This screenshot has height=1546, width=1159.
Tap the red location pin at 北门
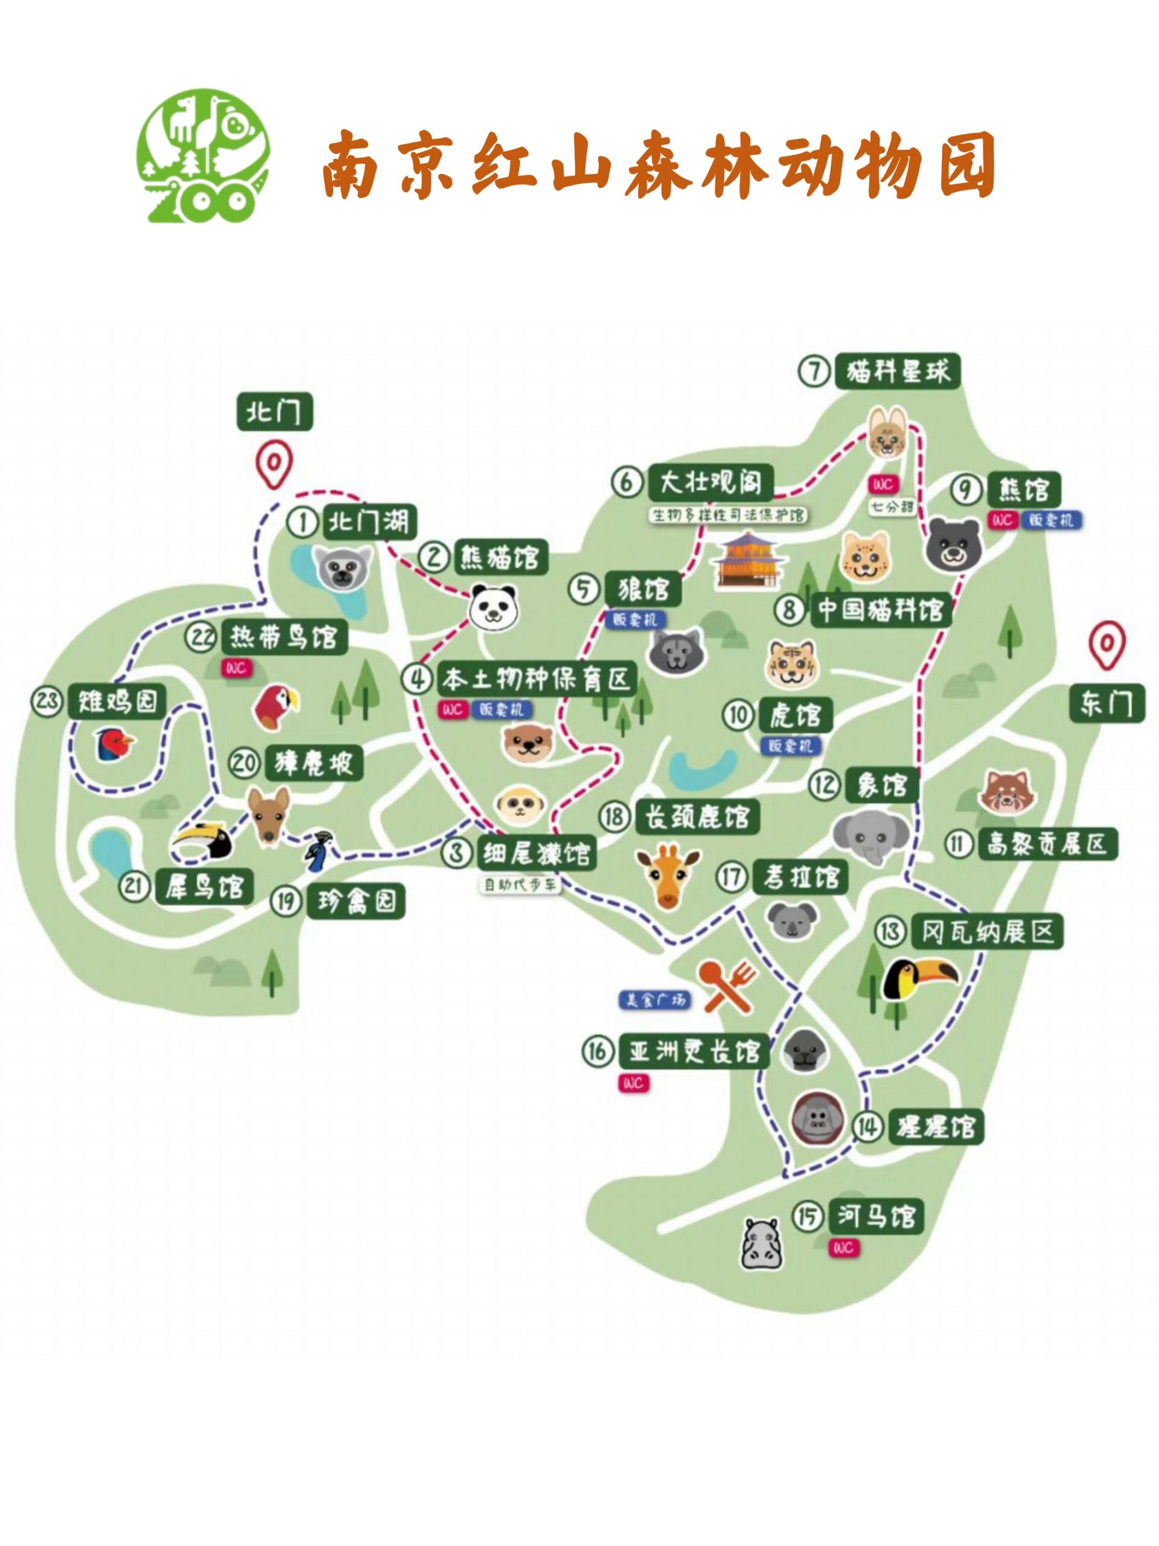coord(273,463)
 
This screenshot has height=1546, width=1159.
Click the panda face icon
coord(493,607)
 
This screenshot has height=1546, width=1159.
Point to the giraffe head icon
coord(668,876)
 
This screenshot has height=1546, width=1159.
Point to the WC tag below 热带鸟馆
coord(235,668)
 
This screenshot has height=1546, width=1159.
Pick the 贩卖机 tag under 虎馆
coord(790,746)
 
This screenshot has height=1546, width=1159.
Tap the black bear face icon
coord(953,544)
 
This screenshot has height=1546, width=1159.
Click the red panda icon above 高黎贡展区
coord(1007,792)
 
